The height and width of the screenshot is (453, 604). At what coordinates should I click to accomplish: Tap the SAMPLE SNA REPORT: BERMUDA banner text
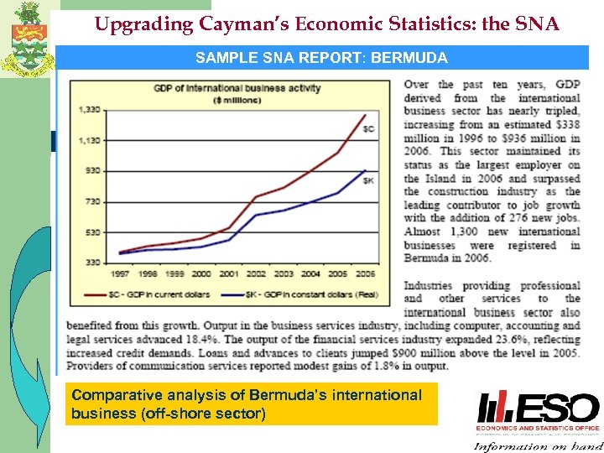pyautogui.click(x=321, y=58)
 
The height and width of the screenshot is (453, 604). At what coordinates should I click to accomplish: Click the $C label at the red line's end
pyautogui.click(x=370, y=128)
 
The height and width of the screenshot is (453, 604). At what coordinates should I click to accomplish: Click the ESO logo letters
pyautogui.click(x=537, y=409)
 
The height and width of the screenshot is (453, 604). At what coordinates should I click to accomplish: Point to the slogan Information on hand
pyautogui.click(x=534, y=446)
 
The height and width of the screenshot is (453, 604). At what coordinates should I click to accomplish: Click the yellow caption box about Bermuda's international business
pyautogui.click(x=251, y=404)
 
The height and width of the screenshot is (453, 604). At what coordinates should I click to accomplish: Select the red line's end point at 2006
pyautogui.click(x=365, y=115)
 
